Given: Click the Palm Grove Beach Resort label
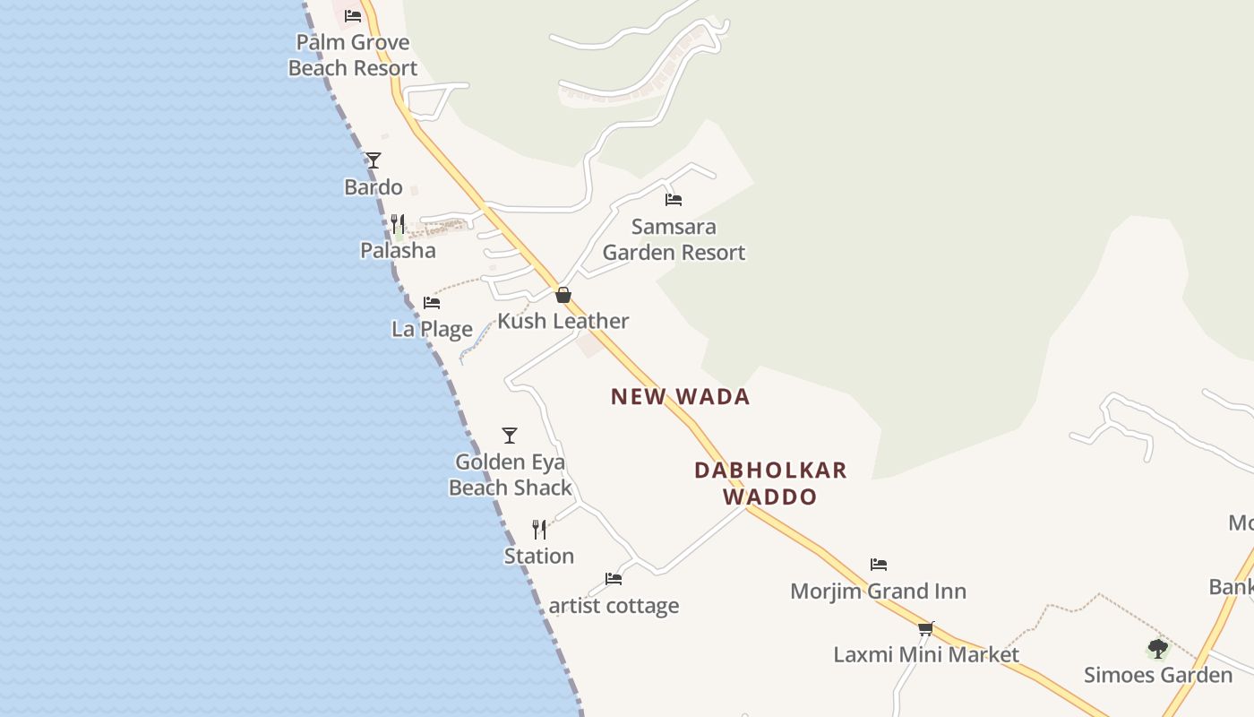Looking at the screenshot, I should pyautogui.click(x=353, y=55).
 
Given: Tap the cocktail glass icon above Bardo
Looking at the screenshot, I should pyautogui.click(x=374, y=160).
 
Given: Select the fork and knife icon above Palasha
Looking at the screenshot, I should pyautogui.click(x=398, y=223).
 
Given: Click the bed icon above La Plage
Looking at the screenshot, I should pyautogui.click(x=432, y=302).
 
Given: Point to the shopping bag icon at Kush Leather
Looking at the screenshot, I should pyautogui.click(x=563, y=295).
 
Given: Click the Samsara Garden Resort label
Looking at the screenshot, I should pyautogui.click(x=674, y=239).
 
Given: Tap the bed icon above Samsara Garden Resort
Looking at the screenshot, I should pyautogui.click(x=674, y=200).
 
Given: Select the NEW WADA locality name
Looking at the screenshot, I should pyautogui.click(x=680, y=396).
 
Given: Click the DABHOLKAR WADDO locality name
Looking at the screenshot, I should pyautogui.click(x=770, y=483).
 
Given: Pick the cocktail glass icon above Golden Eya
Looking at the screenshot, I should pyautogui.click(x=510, y=436).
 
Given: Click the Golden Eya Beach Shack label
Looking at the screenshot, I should pyautogui.click(x=511, y=475).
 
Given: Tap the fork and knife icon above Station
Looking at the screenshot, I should pyautogui.click(x=539, y=530).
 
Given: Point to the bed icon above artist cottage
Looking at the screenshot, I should pyautogui.click(x=614, y=579).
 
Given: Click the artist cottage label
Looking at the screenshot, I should pyautogui.click(x=614, y=606).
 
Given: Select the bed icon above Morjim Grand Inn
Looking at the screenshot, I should pyautogui.click(x=879, y=565).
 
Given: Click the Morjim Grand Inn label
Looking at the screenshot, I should pyautogui.click(x=879, y=592).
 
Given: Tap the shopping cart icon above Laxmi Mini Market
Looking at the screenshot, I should pyautogui.click(x=926, y=628).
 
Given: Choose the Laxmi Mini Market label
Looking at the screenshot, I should pyautogui.click(x=926, y=654).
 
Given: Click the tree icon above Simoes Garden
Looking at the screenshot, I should pyautogui.click(x=1158, y=648).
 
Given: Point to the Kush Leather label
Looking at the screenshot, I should pyautogui.click(x=563, y=321).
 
